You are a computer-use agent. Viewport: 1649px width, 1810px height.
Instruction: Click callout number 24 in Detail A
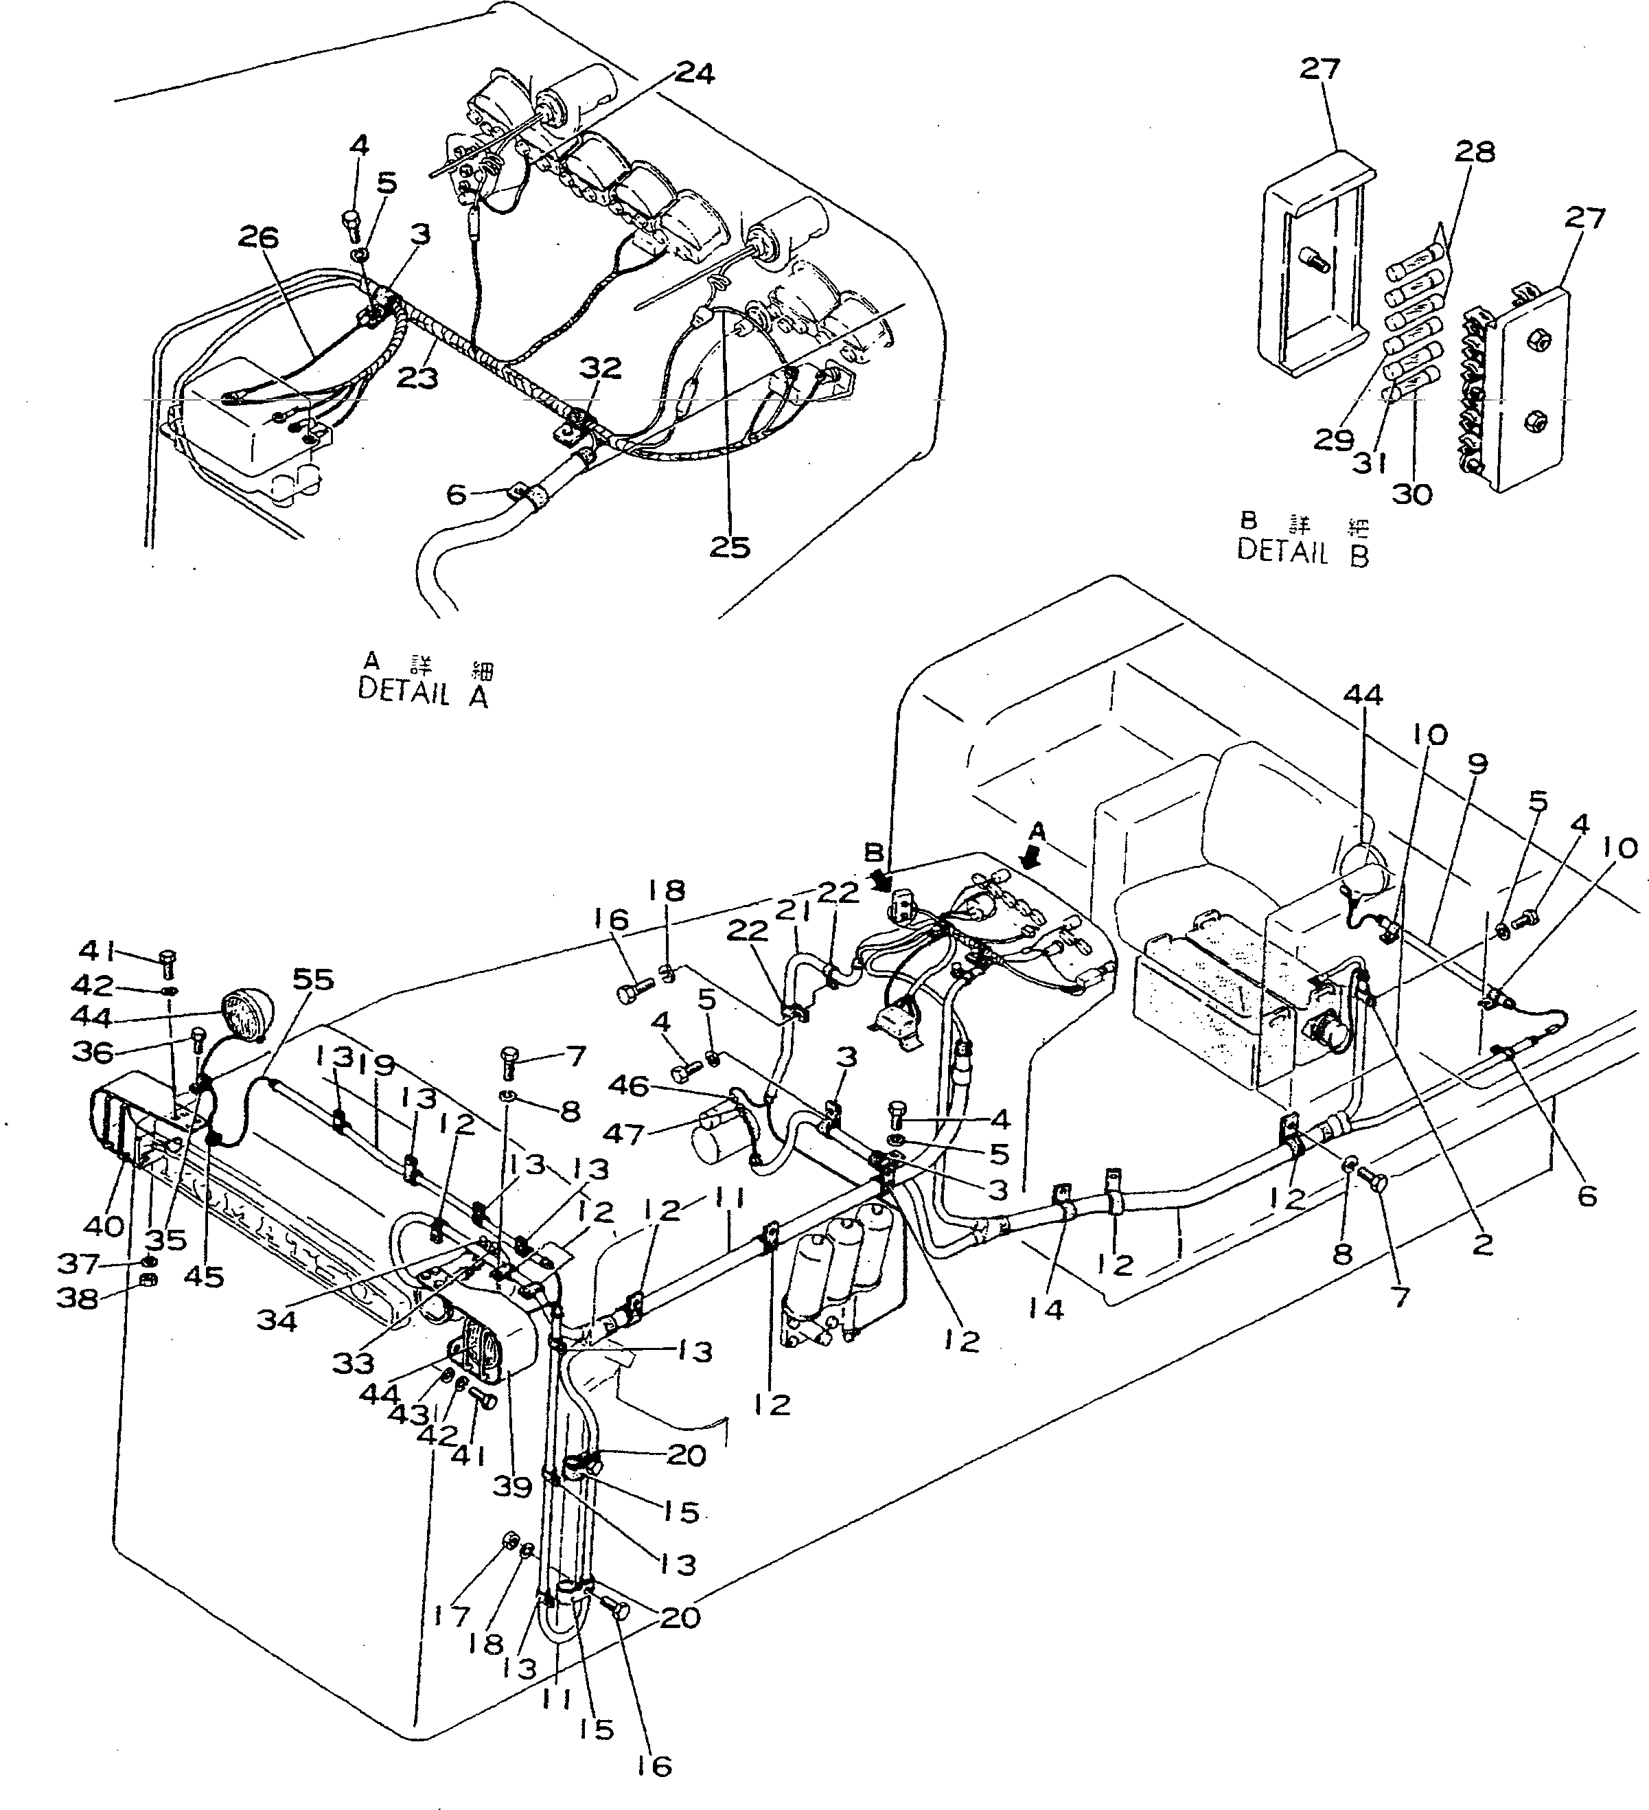click(x=695, y=73)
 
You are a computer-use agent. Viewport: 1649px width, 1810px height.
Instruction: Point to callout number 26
click(x=259, y=238)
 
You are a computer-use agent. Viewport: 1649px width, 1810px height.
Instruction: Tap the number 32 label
click(x=599, y=368)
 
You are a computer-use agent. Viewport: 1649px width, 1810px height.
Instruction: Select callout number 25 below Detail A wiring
click(x=729, y=547)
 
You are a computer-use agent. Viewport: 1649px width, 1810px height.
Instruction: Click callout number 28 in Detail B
click(x=1475, y=152)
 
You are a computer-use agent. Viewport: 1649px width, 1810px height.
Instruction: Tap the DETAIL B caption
click(x=1304, y=549)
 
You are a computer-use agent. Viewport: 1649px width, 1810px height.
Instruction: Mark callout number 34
click(x=277, y=1320)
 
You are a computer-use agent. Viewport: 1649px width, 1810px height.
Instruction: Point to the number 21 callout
click(x=794, y=911)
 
